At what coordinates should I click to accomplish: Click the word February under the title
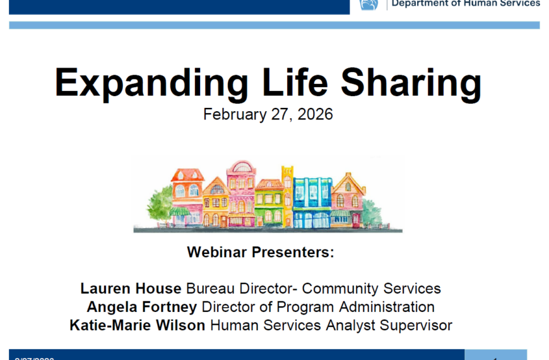[230, 115]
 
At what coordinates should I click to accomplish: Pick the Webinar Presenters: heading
[261, 253]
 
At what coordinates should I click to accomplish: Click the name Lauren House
[131, 289]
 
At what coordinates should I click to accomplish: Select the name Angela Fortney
[142, 307]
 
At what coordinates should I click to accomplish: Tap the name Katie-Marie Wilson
[138, 326]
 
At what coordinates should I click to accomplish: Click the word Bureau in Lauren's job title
[210, 289]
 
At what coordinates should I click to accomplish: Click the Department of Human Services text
[466, 3]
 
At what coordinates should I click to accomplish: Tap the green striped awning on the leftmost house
[180, 212]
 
